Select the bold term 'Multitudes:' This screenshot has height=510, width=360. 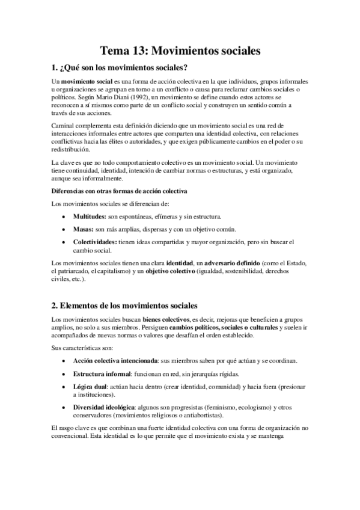tap(90, 216)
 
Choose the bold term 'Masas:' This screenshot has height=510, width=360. tap(83, 229)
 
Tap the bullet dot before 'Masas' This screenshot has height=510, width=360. tap(64, 229)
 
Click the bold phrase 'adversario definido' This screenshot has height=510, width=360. tap(232, 263)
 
